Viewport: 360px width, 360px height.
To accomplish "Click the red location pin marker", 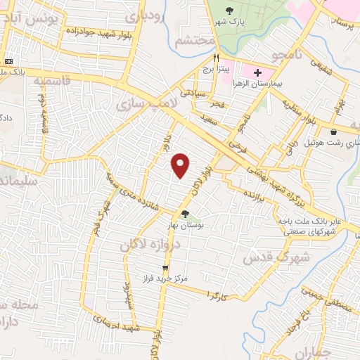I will point(181,165).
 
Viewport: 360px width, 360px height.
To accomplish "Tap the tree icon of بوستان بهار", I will point(185,214).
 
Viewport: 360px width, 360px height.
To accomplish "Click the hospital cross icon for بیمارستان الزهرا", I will point(258,72).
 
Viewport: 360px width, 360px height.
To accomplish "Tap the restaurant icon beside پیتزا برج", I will point(217,59).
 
